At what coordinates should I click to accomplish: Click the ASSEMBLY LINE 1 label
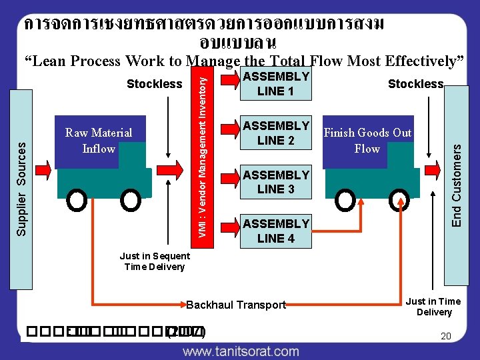(x=275, y=83)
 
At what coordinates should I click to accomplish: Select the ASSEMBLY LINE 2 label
(x=275, y=133)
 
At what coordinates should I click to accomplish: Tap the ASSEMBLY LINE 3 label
(x=275, y=181)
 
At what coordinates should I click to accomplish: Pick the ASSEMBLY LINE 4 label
(x=275, y=230)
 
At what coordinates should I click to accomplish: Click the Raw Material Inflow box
(x=99, y=141)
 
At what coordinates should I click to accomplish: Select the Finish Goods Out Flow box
(x=367, y=141)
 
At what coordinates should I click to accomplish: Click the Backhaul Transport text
(x=236, y=305)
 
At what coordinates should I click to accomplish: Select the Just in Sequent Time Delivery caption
(x=154, y=261)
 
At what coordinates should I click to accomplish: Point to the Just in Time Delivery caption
(x=433, y=307)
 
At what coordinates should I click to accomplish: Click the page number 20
(x=446, y=337)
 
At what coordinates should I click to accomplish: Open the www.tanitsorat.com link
(x=241, y=351)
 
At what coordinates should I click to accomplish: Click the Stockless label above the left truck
(x=154, y=84)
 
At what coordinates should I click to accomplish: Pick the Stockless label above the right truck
(x=415, y=84)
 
